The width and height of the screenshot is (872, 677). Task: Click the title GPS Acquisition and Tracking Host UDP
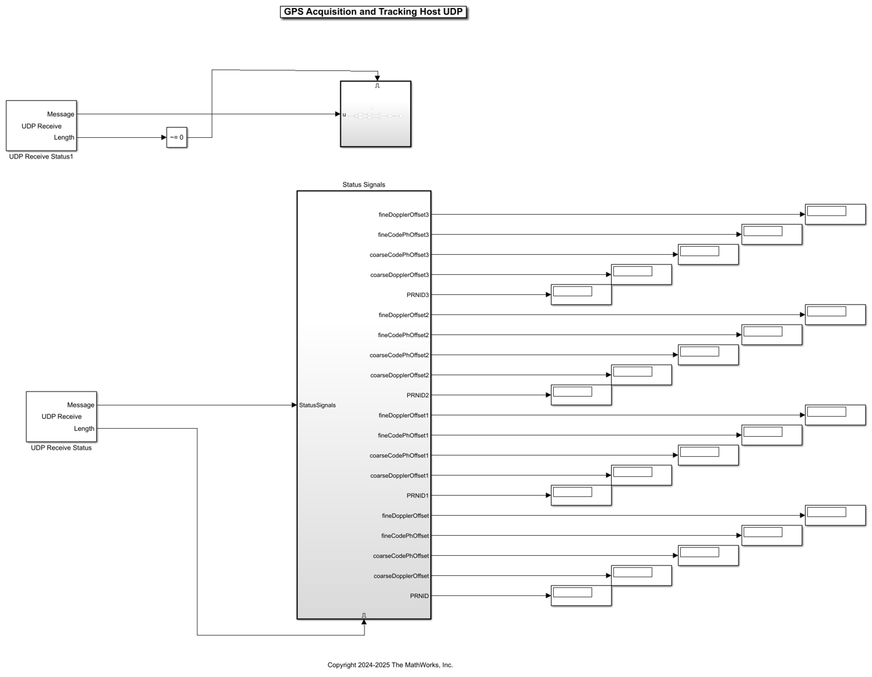pos(373,12)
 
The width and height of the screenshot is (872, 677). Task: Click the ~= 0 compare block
pos(177,138)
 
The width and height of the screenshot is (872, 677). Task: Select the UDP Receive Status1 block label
pos(41,157)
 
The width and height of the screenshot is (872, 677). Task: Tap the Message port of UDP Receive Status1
pos(61,114)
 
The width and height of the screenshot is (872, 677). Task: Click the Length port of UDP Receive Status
pos(84,429)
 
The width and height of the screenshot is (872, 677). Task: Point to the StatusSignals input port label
pos(318,405)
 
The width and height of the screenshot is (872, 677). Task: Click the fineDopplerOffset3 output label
pos(403,215)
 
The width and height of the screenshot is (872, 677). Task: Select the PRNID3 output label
pos(417,295)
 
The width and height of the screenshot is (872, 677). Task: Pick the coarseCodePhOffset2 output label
pos(399,355)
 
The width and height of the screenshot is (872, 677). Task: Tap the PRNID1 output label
pos(417,496)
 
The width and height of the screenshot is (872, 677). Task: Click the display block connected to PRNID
pos(581,595)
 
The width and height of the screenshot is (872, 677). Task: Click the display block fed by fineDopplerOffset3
pos(835,214)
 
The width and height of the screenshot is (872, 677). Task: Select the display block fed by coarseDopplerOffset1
pos(641,475)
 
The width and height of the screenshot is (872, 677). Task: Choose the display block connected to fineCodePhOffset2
pos(772,334)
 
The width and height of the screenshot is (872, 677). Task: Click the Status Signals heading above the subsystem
pos(364,185)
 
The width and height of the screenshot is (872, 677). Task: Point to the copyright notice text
pos(390,665)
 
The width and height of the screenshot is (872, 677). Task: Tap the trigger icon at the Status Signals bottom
pos(364,615)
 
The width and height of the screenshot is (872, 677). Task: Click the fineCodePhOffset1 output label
pos(403,436)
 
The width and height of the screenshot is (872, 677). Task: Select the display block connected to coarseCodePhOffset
pos(708,555)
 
